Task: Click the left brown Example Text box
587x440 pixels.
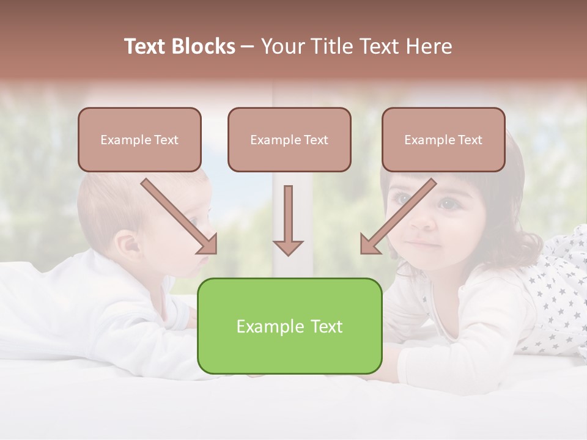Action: (x=139, y=140)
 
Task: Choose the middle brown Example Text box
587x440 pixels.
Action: (x=289, y=140)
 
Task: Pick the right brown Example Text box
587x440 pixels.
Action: (x=443, y=140)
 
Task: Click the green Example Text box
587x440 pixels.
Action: (x=289, y=326)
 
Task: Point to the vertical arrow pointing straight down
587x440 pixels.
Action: (x=288, y=220)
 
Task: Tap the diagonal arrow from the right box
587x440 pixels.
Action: (x=397, y=216)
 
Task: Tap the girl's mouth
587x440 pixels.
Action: (x=424, y=244)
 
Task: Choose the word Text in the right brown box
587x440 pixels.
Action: (x=470, y=140)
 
